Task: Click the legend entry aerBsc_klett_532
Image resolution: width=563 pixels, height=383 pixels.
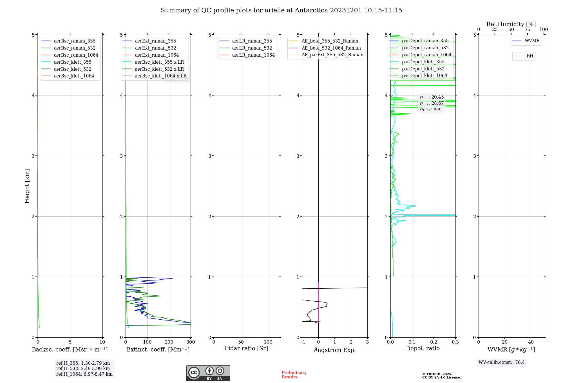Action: [72, 69]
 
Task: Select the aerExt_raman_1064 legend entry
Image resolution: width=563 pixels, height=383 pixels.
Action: [157, 55]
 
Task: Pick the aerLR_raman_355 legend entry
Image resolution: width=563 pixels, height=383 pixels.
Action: [252, 41]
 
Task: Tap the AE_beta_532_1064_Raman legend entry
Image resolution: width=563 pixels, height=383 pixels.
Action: [331, 48]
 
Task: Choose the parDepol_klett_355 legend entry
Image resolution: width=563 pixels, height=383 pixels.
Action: [423, 62]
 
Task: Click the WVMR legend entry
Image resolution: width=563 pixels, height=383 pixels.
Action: [532, 41]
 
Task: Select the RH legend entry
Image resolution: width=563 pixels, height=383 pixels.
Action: [530, 56]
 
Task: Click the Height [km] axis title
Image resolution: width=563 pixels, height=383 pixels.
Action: [27, 186]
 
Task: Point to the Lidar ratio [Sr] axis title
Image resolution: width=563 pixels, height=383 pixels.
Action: [246, 348]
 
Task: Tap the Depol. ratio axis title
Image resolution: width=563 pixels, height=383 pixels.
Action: [423, 348]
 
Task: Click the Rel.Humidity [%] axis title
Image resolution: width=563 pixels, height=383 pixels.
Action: [511, 24]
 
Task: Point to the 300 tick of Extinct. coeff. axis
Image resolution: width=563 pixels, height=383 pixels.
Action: [191, 342]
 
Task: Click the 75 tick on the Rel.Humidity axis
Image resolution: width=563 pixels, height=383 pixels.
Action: [527, 30]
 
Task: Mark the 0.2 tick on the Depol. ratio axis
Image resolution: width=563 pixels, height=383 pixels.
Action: [434, 342]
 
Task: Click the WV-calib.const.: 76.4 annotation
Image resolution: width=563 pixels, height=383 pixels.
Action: [502, 362]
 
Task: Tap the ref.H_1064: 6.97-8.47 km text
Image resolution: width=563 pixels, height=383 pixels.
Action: [84, 374]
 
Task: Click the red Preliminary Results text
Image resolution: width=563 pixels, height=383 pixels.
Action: [294, 375]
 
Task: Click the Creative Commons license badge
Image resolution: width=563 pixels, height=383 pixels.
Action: [208, 373]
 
